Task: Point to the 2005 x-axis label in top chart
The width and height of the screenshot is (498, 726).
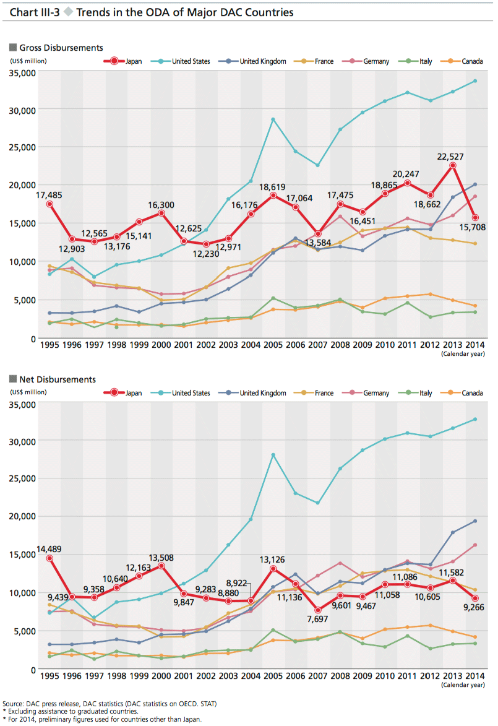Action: pyautogui.click(x=273, y=345)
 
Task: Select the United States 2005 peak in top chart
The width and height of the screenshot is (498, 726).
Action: pyautogui.click(x=273, y=119)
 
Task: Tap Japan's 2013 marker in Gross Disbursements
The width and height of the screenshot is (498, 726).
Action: pyautogui.click(x=453, y=165)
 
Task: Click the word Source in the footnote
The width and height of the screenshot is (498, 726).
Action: pyautogui.click(x=14, y=704)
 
